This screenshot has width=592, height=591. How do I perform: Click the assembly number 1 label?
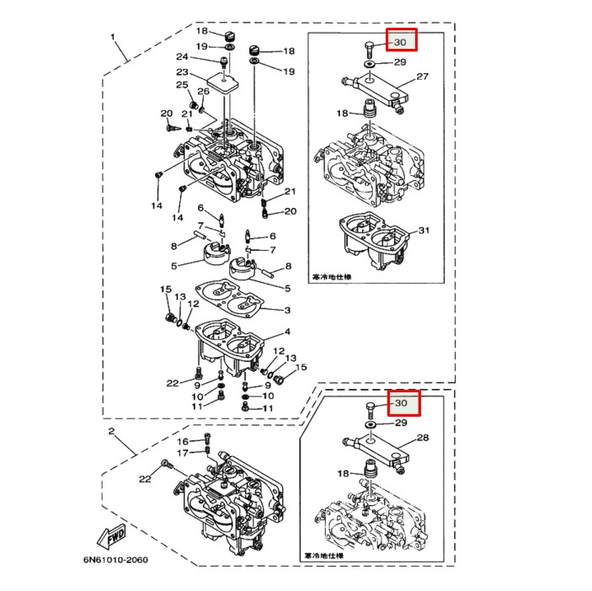[x=112, y=38]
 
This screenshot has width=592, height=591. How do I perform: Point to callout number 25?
[x=181, y=85]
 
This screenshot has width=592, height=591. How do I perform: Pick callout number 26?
[x=203, y=91]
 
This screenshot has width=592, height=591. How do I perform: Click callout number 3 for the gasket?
[x=286, y=310]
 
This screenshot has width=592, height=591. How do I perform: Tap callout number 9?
[x=196, y=385]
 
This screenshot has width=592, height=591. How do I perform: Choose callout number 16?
[x=183, y=441]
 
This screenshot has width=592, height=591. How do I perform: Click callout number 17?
[x=183, y=453]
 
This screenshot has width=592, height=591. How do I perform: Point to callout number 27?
[x=422, y=77]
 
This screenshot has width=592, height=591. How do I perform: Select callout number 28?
[x=422, y=438]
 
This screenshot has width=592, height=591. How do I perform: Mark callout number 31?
[x=424, y=231]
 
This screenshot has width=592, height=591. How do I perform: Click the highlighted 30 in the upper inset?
[x=402, y=40]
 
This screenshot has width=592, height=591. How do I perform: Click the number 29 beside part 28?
[x=400, y=423]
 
